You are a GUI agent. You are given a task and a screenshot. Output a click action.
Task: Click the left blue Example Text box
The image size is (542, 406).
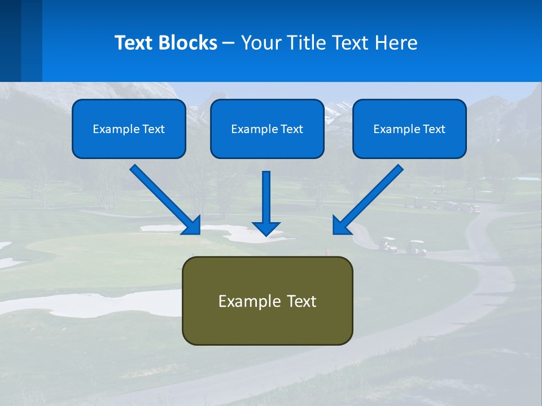pos(129,129)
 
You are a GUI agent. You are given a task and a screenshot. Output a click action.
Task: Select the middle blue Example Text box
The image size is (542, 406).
pos(267,129)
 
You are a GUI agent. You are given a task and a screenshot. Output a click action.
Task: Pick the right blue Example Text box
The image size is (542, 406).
pos(409,129)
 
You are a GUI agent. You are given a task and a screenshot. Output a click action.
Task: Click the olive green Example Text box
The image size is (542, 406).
pos(267,301)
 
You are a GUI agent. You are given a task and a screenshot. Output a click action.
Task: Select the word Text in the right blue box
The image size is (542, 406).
pos(434,129)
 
